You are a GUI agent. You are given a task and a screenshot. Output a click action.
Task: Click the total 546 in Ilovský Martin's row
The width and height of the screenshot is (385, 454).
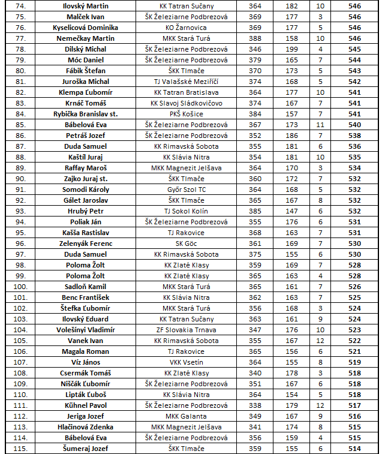[354, 6]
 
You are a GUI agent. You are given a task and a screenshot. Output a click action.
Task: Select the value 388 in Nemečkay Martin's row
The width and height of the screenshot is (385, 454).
[255, 38]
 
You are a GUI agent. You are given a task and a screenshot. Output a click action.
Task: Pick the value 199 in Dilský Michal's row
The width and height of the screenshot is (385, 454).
[291, 49]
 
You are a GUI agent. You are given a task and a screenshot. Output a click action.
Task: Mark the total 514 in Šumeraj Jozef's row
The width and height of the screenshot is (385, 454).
[354, 449]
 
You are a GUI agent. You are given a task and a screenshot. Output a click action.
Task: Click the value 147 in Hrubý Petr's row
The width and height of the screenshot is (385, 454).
[291, 211]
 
